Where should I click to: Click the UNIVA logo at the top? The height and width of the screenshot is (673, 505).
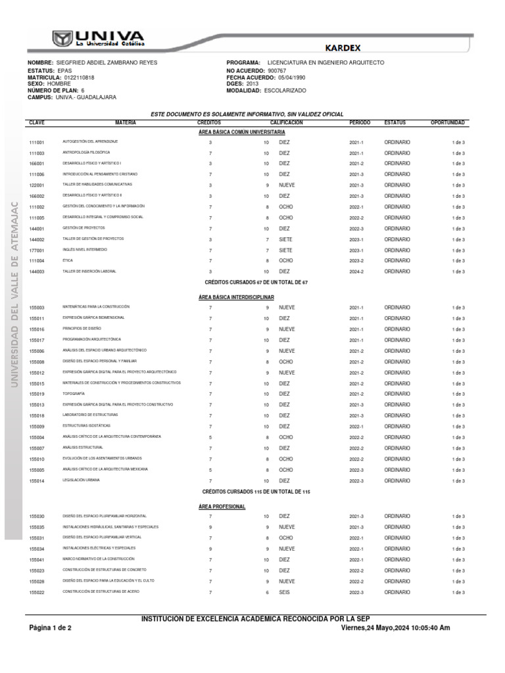click(99, 37)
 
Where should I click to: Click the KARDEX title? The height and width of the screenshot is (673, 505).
click(343, 47)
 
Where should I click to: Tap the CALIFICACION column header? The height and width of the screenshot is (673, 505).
click(286, 123)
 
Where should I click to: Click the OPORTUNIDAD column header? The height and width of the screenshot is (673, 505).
click(447, 123)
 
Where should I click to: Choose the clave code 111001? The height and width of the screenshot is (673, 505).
click(37, 143)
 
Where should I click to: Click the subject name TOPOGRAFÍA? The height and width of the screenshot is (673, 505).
click(74, 394)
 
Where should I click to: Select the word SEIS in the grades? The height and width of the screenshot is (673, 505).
click(284, 592)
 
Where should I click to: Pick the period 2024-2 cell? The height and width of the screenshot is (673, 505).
click(356, 271)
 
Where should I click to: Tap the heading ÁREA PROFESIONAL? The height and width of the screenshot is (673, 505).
click(222, 507)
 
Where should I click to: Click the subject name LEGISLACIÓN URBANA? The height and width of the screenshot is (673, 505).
click(81, 480)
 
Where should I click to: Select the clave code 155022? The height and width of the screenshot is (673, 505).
click(37, 592)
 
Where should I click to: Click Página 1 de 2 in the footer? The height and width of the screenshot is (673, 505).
click(50, 628)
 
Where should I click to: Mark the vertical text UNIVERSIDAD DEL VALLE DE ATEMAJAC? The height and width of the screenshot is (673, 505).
click(14, 302)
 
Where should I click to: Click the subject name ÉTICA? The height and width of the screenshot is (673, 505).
click(68, 260)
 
